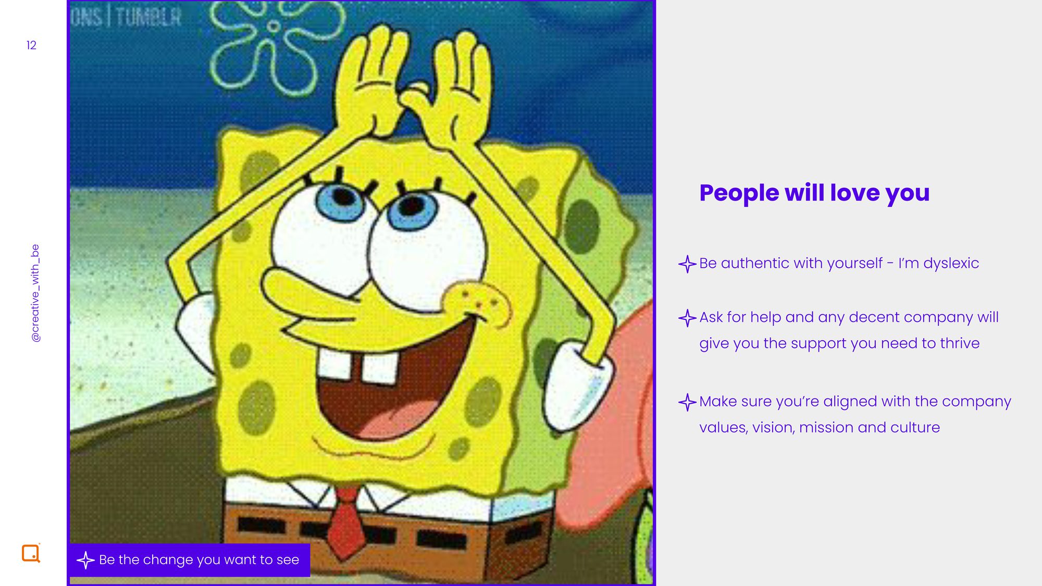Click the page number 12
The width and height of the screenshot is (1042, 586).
tap(31, 45)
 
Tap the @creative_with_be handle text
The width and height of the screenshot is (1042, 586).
tap(35, 293)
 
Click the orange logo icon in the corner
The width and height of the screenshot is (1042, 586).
tap(31, 553)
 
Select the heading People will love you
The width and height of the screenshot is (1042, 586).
tap(814, 193)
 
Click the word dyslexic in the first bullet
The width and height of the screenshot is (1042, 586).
tap(951, 264)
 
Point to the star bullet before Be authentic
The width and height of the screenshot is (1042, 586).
tap(687, 264)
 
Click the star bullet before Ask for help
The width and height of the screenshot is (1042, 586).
tap(687, 318)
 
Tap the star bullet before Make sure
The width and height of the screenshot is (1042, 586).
tap(687, 402)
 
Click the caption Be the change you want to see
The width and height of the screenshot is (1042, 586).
tap(199, 560)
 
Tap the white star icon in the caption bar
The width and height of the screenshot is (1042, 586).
tap(85, 560)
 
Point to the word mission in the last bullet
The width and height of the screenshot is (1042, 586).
tap(826, 428)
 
